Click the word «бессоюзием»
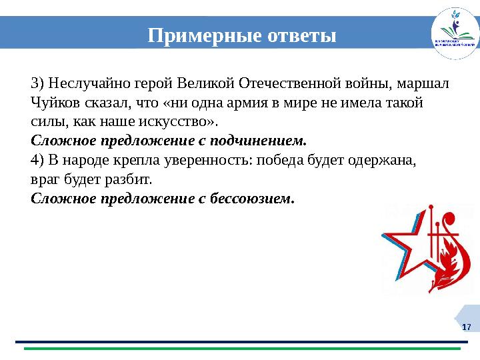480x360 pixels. point(254,199)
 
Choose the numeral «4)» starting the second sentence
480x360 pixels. point(38,161)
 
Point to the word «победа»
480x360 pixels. point(279,161)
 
